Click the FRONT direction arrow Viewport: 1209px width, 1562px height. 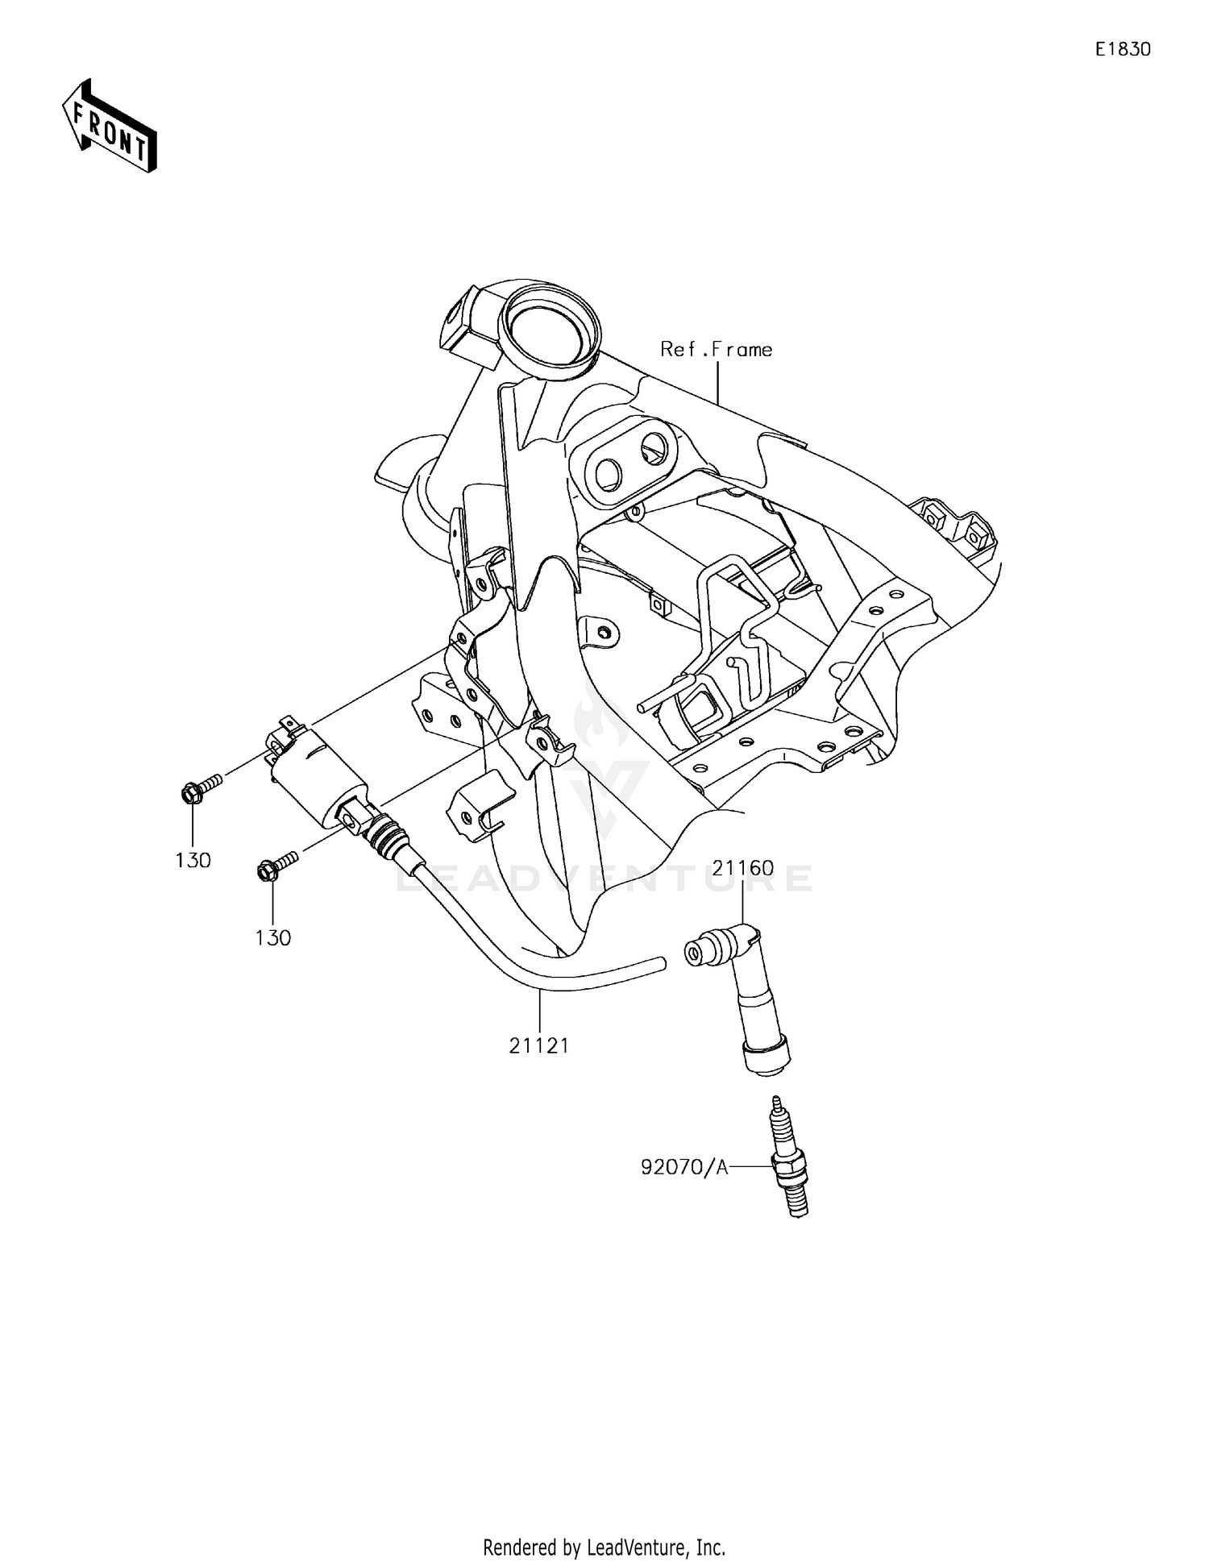click(x=110, y=126)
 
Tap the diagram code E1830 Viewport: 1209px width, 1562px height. click(x=1122, y=49)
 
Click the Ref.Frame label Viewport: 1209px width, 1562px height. click(x=716, y=349)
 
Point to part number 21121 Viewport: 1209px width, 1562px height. click(x=539, y=1045)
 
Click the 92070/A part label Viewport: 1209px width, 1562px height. click(x=684, y=1166)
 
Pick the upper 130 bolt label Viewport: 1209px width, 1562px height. click(x=193, y=860)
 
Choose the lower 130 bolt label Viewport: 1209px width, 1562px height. click(x=272, y=937)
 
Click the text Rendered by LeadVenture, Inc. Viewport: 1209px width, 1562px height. click(x=604, y=1547)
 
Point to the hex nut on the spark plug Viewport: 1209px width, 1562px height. click(x=787, y=1166)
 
